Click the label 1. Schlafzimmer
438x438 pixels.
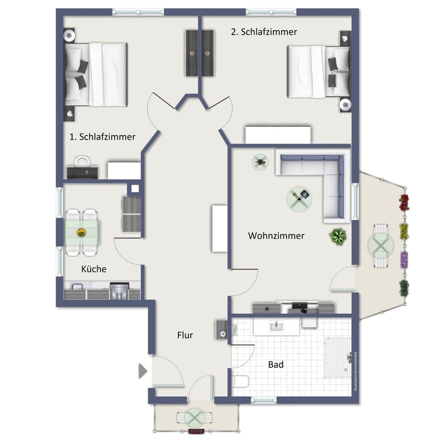tap(102, 136)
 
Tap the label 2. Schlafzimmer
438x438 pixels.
tap(264, 32)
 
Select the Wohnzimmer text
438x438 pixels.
tap(276, 236)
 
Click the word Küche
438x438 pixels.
tap(94, 269)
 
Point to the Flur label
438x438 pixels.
tap(185, 335)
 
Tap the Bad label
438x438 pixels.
tap(276, 365)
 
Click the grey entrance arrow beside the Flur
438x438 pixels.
tap(143, 371)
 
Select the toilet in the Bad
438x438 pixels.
tap(240, 381)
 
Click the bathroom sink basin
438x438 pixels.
tap(276, 326)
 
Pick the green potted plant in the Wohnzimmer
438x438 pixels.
tap(338, 236)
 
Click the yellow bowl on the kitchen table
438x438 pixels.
tap(81, 232)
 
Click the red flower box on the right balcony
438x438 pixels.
tap(404, 202)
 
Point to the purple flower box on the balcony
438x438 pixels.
tap(404, 260)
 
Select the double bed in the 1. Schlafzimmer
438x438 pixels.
tap(95, 74)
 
